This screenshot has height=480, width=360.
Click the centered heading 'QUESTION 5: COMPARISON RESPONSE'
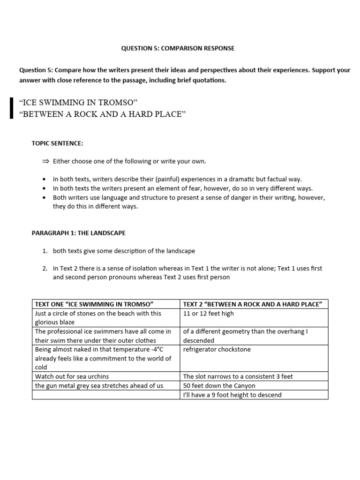[x=178, y=48]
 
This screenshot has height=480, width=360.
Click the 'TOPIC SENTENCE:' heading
[x=57, y=143]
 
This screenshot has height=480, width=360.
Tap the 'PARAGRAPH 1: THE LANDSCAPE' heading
[x=78, y=233]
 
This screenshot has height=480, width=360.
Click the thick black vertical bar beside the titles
[x=11, y=108]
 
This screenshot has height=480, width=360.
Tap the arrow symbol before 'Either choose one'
[x=45, y=161]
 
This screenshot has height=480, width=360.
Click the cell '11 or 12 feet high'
[x=208, y=314]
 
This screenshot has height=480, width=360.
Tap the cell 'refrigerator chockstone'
[x=217, y=350]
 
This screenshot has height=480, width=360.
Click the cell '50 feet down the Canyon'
[x=219, y=386]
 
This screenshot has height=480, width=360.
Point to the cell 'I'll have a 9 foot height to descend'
[x=232, y=395]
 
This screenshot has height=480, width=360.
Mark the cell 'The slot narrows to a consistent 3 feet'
[x=238, y=376]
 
